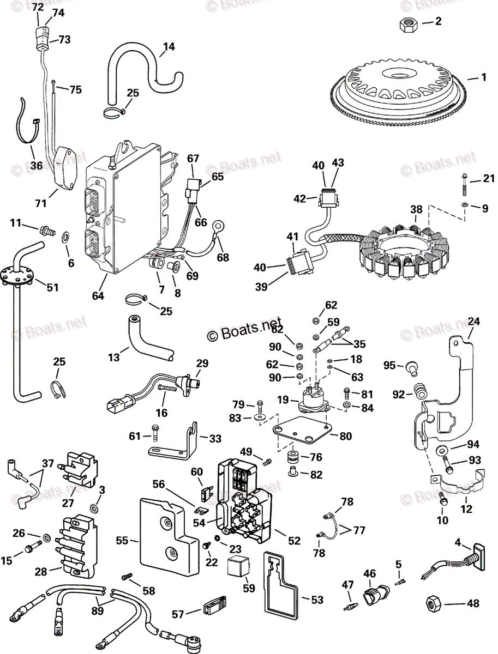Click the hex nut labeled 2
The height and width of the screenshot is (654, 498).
pyautogui.click(x=408, y=24)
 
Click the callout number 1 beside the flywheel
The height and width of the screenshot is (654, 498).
pyautogui.click(x=484, y=77)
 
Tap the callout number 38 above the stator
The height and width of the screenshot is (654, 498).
pyautogui.click(x=416, y=209)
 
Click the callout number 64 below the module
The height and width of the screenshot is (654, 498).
pyautogui.click(x=98, y=296)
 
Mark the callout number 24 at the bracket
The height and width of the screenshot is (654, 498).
pyautogui.click(x=474, y=322)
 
